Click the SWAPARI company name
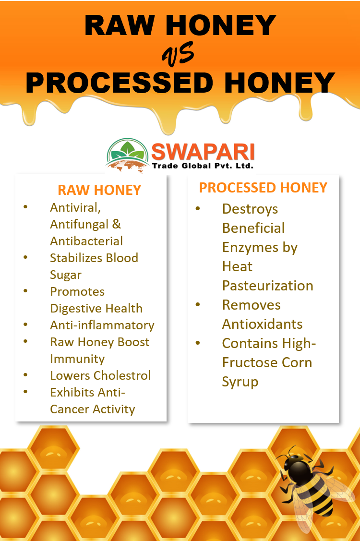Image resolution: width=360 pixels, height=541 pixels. point(203,153)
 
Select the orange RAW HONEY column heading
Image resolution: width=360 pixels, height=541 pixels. point(99,190)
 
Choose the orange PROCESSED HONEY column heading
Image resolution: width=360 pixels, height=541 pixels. point(263,188)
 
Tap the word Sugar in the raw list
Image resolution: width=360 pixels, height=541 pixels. point(66,275)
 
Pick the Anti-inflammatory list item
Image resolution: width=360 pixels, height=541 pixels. point(102,325)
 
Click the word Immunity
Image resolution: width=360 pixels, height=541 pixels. point(77,359)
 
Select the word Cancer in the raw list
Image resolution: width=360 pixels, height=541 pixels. point(72,409)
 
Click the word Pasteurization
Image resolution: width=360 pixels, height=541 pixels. point(267,286)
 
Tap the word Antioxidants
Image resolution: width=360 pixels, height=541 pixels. point(262,324)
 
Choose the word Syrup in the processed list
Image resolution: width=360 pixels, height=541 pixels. point(240,382)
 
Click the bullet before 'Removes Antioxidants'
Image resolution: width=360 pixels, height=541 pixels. point(197,305)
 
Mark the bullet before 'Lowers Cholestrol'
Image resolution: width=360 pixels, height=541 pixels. point(25,375)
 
